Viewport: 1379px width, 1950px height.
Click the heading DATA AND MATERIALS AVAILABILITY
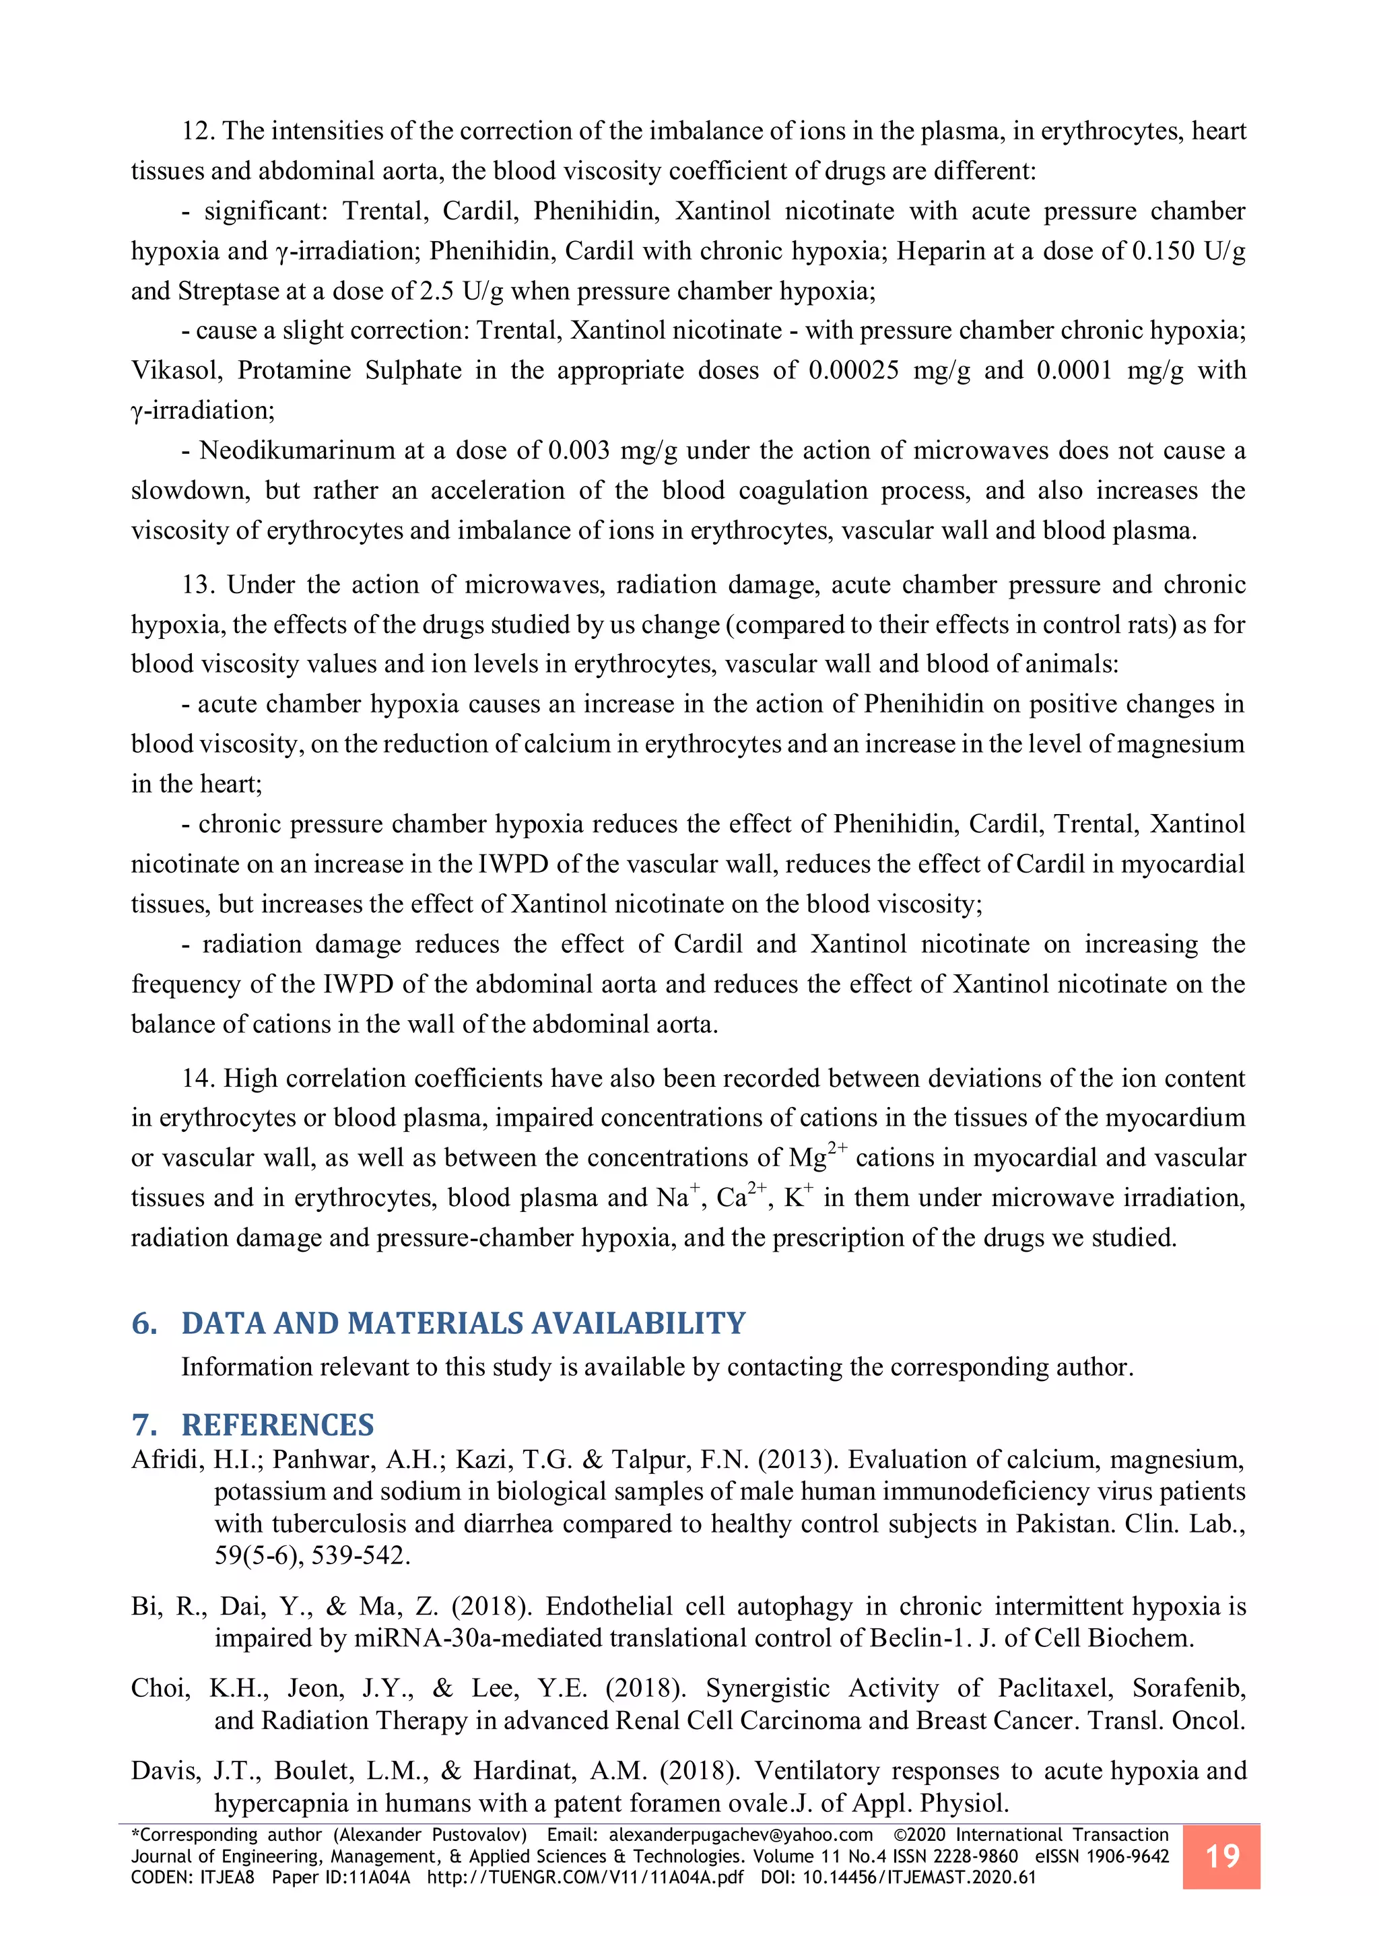[x=463, y=1323]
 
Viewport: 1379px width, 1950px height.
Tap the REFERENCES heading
[x=277, y=1424]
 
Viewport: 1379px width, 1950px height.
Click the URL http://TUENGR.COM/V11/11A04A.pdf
[x=585, y=1878]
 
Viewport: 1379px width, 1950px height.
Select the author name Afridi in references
[x=167, y=1460]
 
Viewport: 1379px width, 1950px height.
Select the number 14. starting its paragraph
[x=199, y=1079]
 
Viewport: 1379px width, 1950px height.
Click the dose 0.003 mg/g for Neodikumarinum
[x=611, y=451]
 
